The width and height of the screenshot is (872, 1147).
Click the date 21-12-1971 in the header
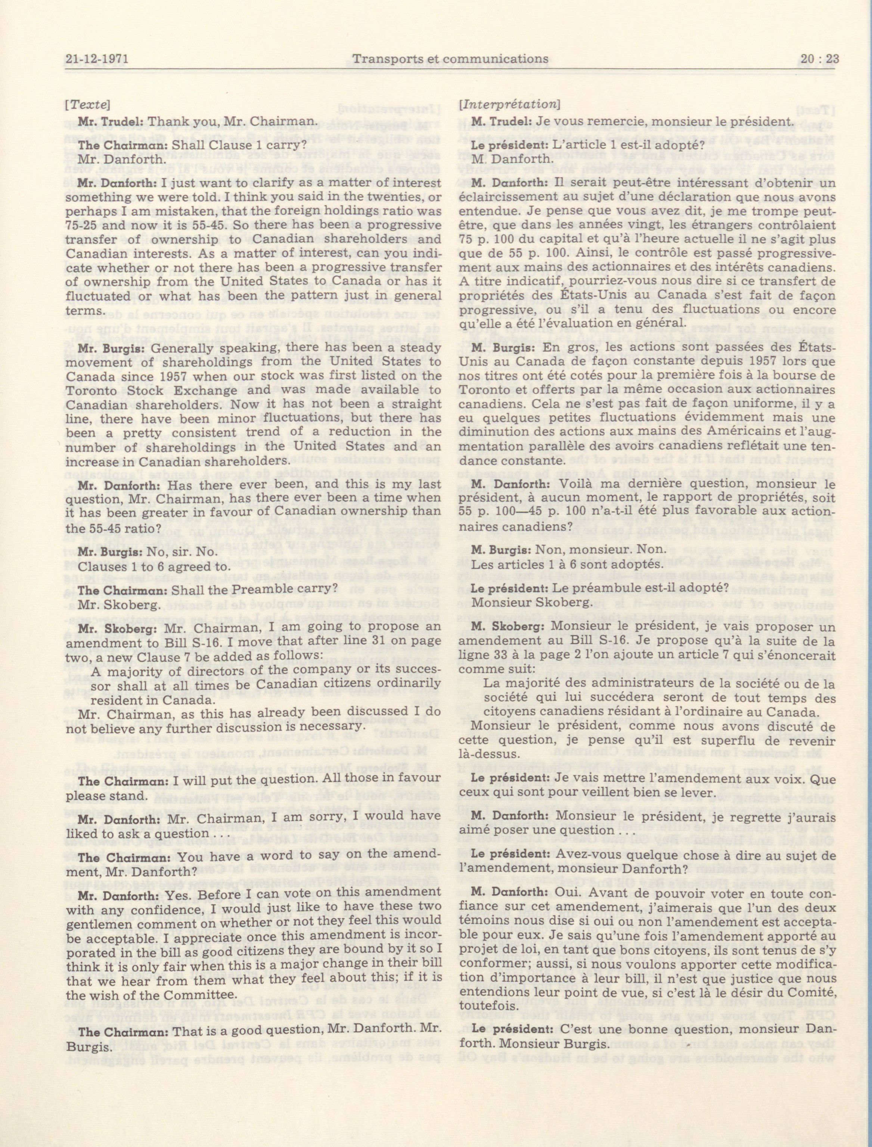point(97,59)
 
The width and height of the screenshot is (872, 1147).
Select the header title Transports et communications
point(450,59)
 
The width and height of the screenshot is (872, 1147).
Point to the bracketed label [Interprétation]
point(509,104)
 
